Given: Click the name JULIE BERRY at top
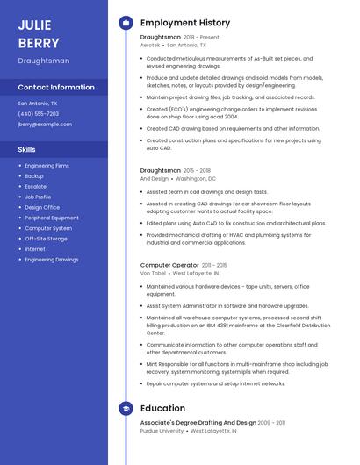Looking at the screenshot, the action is pos(39,33).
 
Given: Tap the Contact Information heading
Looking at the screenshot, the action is pos(56,88).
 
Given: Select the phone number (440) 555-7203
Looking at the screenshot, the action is pos(38,113).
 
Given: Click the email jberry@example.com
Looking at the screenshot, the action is pos(45,124).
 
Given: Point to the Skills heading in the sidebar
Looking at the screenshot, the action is pos(26,149).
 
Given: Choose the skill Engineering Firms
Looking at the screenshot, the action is pos(47,165).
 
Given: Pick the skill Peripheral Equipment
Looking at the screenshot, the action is pos(52,218).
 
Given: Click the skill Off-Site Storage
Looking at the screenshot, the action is pos(46,239).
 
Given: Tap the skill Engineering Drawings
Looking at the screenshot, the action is pos(51,260).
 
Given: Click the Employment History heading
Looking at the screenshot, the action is pos(185,23).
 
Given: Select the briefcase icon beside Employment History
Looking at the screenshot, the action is pos(126,23).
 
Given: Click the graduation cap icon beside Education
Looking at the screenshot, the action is pos(126,408).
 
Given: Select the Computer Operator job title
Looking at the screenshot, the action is pos(169,265).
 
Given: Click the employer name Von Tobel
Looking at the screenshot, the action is pos(153,273).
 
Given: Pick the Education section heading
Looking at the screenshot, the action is pos(162,408).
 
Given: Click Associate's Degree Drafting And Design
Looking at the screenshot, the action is pos(198,423).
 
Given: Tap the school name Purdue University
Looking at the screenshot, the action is pos(162,431).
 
